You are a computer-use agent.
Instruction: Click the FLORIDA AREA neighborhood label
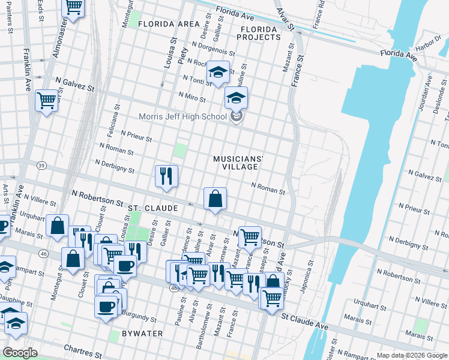click(x=168, y=24)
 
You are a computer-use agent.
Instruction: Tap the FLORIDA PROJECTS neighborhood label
click(x=259, y=33)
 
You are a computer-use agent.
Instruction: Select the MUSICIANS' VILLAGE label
click(x=239, y=163)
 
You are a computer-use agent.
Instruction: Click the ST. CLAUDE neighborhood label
click(x=152, y=208)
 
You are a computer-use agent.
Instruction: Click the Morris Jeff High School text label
click(x=182, y=116)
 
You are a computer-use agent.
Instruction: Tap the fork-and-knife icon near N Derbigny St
click(x=166, y=176)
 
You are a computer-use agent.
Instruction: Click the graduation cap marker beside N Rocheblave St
click(x=218, y=72)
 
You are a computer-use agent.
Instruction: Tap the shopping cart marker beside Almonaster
click(x=73, y=7)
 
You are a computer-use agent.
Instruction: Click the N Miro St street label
click(x=192, y=97)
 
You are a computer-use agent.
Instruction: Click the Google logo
click(x=20, y=353)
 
